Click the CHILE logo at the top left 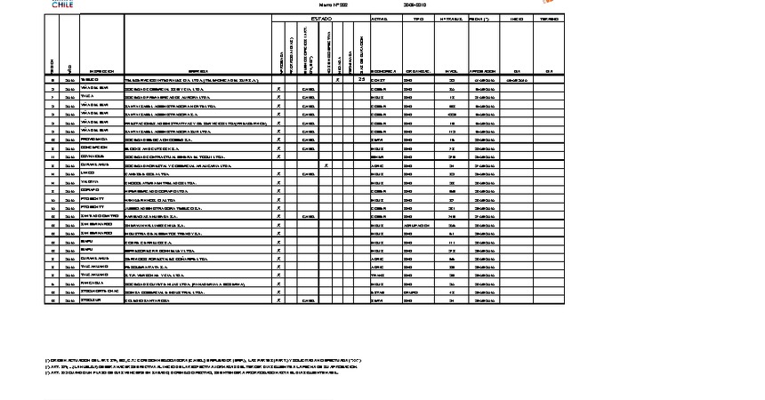(x=63, y=4)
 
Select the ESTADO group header (x=321, y=18)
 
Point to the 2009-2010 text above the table (x=415, y=4)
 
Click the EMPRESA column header (x=197, y=71)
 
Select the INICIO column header (x=516, y=18)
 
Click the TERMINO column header (x=549, y=18)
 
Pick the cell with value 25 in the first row (x=361, y=80)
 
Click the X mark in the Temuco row (x=338, y=80)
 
